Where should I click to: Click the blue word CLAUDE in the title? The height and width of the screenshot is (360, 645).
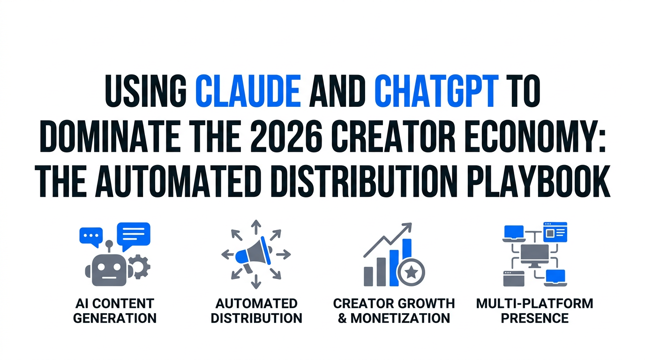248,91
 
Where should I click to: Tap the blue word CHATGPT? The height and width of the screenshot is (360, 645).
436,91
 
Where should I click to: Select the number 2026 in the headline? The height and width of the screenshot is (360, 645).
286,136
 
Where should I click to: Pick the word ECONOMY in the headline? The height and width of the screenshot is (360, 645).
536,136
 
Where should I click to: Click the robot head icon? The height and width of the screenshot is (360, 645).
109,270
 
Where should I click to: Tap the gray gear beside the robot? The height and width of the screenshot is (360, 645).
140,266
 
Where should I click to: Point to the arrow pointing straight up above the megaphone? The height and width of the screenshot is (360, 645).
255,227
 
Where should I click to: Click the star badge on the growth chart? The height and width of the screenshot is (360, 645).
411,272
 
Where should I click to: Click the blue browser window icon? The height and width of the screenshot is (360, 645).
555,232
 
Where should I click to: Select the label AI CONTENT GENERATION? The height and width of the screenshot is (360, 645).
114,311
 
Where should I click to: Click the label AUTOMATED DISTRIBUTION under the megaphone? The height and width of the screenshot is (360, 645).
256,311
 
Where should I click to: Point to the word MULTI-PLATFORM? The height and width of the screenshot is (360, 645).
535,304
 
